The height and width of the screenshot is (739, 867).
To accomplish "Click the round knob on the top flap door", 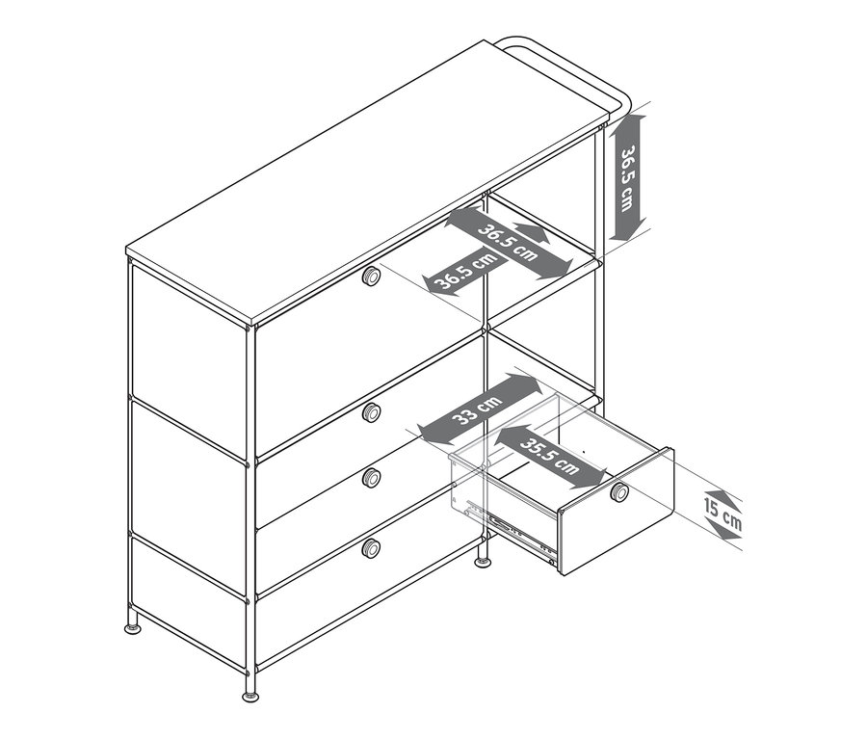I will click(371, 277).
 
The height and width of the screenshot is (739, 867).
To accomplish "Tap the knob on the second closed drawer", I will click(371, 413).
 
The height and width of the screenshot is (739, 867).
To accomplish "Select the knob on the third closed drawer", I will click(371, 477).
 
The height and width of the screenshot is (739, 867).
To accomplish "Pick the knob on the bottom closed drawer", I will click(371, 548).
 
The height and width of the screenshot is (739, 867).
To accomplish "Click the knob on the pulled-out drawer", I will click(619, 493).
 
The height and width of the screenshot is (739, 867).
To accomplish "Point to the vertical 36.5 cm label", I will click(627, 178).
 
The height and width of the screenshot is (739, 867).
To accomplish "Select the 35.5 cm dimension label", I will click(550, 454).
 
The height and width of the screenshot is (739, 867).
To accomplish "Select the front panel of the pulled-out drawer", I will click(617, 511).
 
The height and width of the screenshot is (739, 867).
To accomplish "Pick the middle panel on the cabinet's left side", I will click(188, 467).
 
